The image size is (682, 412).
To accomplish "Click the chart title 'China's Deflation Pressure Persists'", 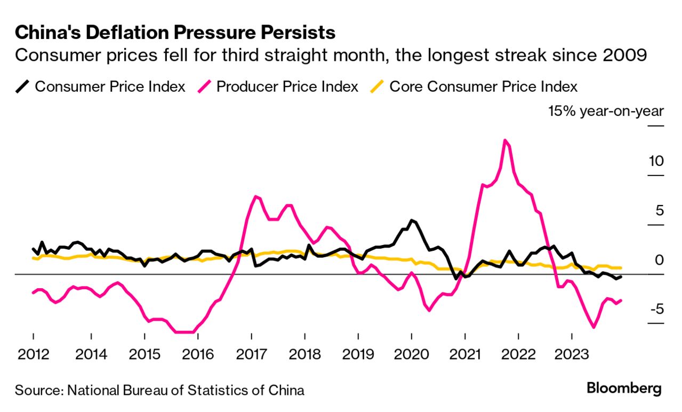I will [175, 33].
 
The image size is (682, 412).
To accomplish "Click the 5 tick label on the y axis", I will [659, 210].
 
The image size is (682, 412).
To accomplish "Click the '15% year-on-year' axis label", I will [606, 111].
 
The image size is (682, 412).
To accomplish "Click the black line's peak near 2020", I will [411, 220].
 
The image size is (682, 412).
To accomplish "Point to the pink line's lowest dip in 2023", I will [593, 327].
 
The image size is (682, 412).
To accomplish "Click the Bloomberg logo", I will [624, 389].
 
